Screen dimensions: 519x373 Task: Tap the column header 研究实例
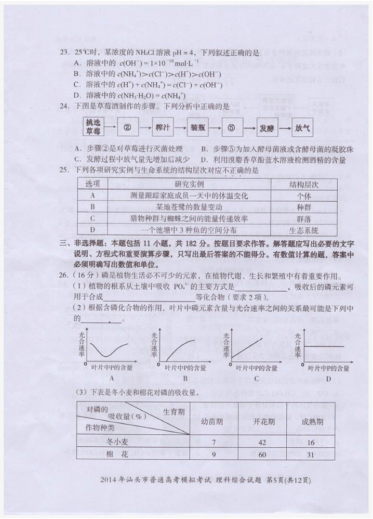189,185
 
